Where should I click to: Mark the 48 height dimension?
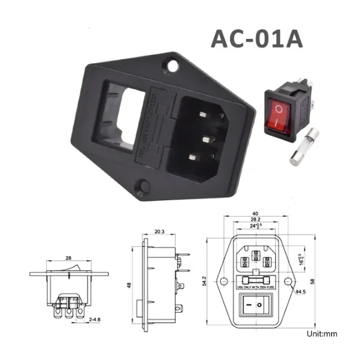pyautogui.click(x=129, y=286)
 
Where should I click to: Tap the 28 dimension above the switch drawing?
pyautogui.click(x=68, y=257)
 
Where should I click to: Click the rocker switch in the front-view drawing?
pyautogui.click(x=257, y=305)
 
